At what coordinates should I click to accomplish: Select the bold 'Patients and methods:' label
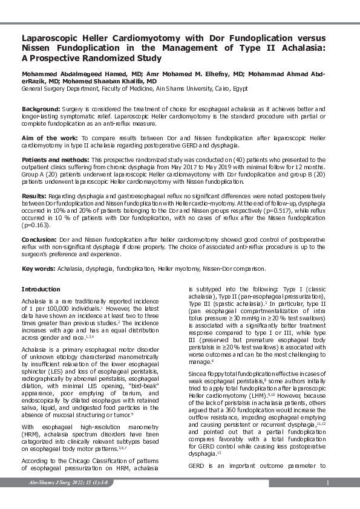point(55,158)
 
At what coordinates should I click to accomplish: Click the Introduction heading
point(41,290)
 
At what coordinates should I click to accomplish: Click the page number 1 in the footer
point(326,482)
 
